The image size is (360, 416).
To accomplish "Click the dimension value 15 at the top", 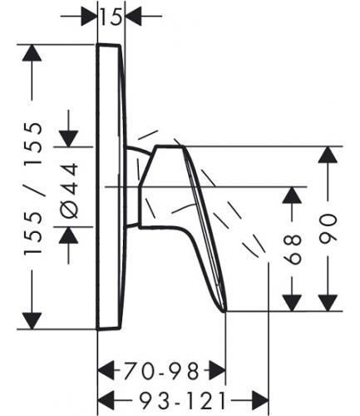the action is coord(111,17).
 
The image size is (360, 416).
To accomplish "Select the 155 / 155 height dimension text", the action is coord(33,188).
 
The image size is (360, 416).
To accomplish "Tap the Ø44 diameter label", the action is coord(68,191).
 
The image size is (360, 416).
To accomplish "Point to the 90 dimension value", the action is coord(328,229).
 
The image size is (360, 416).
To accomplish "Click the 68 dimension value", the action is coord(293,250).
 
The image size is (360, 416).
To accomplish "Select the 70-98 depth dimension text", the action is coord(161,371).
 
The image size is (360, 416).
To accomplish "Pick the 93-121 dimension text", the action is coord(183,400).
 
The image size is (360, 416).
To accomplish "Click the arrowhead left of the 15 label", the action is coord(90,17).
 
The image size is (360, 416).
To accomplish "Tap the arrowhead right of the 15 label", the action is coord(134,17).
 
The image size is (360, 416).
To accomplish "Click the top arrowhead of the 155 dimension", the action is coord(32,52).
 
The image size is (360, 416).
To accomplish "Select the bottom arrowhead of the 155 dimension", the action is coord(32,321).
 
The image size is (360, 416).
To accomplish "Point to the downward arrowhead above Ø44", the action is coord(68,138).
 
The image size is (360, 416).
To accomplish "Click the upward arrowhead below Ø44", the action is coord(68,235).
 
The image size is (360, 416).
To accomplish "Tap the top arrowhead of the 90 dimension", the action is coord(328,155).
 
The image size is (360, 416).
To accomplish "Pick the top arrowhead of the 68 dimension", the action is coord(292,196).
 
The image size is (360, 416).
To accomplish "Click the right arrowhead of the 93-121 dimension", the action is coord(260,400).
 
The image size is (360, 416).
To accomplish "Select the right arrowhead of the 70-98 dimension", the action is coord(217,370).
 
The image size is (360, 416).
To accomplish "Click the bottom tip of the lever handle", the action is coord(225,311).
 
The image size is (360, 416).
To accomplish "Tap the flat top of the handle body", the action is coord(170,146).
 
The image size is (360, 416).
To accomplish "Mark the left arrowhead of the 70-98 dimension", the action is coord(106,370).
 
